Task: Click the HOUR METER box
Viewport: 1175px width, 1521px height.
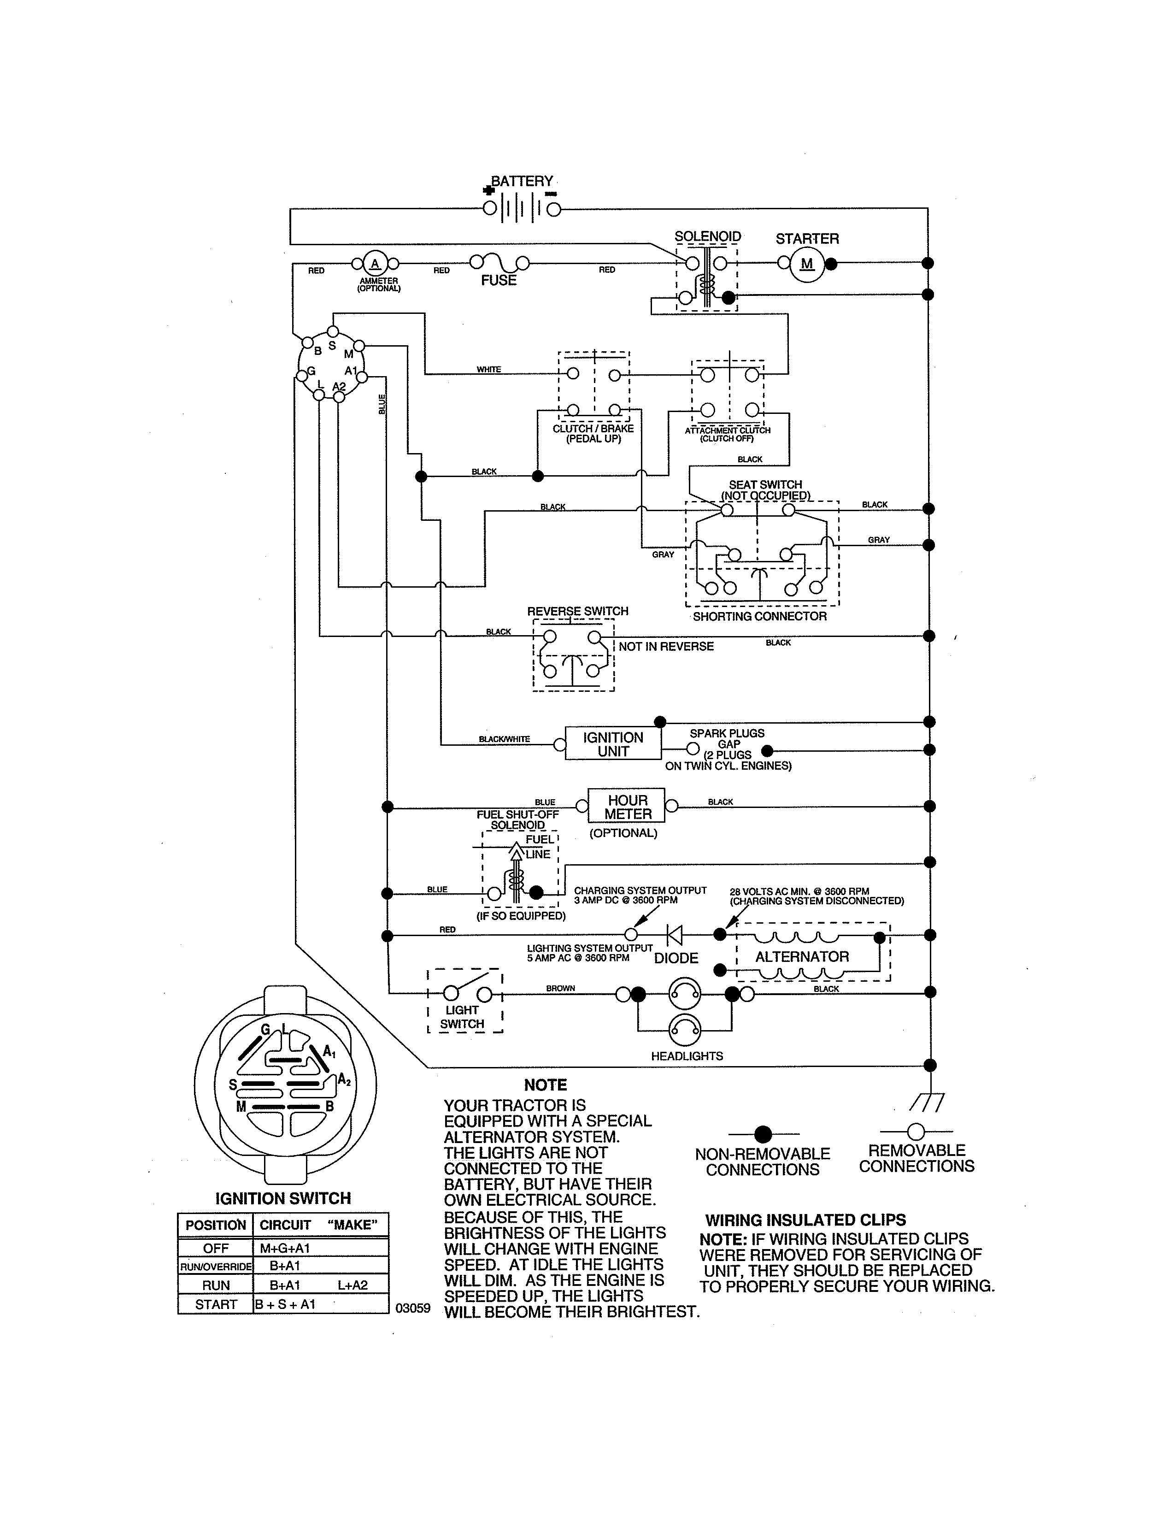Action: pyautogui.click(x=627, y=807)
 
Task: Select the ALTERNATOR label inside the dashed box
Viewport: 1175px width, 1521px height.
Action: pyautogui.click(x=802, y=957)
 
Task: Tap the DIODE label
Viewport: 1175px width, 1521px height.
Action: pyautogui.click(x=676, y=958)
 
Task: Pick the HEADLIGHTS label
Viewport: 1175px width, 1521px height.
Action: pyautogui.click(x=687, y=1056)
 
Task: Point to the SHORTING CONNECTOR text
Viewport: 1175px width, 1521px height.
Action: pyautogui.click(x=759, y=616)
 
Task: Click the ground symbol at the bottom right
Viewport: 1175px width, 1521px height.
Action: pyautogui.click(x=927, y=1102)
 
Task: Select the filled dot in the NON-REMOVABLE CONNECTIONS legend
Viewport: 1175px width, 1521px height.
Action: pyautogui.click(x=763, y=1134)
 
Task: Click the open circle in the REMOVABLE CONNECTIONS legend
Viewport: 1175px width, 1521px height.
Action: pyautogui.click(x=916, y=1131)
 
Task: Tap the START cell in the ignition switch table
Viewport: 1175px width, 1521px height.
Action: pyautogui.click(x=216, y=1304)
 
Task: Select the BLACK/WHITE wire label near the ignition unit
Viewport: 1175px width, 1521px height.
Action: pyautogui.click(x=504, y=739)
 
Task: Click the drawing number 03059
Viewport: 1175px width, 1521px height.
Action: pyautogui.click(x=413, y=1308)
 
